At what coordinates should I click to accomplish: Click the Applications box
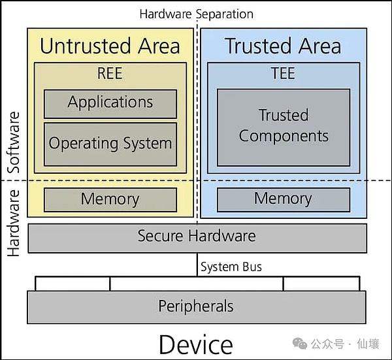pyautogui.click(x=110, y=103)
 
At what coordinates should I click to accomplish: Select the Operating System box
pyautogui.click(x=110, y=144)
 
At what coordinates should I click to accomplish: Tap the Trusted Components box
pyautogui.click(x=283, y=127)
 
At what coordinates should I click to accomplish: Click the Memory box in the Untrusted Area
pyautogui.click(x=110, y=199)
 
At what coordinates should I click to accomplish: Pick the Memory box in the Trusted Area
pyautogui.click(x=283, y=199)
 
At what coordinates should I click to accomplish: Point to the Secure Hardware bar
pyautogui.click(x=197, y=237)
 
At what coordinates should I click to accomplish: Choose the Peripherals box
pyautogui.click(x=196, y=306)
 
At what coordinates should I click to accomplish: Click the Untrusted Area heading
pyautogui.click(x=110, y=46)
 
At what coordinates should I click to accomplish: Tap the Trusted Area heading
pyautogui.click(x=283, y=46)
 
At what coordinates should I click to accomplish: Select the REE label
pyautogui.click(x=110, y=73)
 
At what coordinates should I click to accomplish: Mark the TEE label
pyautogui.click(x=283, y=73)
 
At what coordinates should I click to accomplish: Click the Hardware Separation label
pyautogui.click(x=197, y=14)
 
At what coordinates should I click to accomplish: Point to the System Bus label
pyautogui.click(x=231, y=267)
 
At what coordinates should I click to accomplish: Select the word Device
pyautogui.click(x=196, y=344)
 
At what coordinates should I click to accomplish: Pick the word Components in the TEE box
pyautogui.click(x=284, y=137)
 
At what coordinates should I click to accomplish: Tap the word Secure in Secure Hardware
pyautogui.click(x=161, y=237)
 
